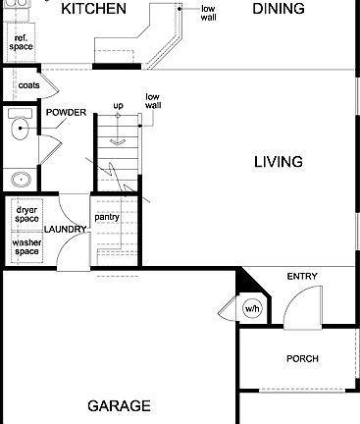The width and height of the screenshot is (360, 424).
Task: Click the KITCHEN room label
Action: [x=93, y=10]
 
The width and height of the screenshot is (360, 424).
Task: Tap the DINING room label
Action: [x=279, y=10]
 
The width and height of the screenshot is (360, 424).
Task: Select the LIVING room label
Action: [x=278, y=162]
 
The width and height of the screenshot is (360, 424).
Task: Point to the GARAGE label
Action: [x=119, y=405]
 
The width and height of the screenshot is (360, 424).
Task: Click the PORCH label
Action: [x=302, y=359]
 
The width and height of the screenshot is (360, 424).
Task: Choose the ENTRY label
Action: [x=302, y=277]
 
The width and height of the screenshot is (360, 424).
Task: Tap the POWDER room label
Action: [x=66, y=112]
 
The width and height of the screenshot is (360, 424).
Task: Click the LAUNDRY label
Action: [x=65, y=230]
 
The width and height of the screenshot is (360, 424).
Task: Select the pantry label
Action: [x=107, y=217]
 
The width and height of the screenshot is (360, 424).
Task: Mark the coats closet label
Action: [x=28, y=85]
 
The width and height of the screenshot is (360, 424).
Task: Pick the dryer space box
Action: [x=26, y=213]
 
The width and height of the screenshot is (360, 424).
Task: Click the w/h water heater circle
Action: [x=252, y=309]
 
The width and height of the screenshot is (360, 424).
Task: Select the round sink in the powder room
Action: [x=19, y=180]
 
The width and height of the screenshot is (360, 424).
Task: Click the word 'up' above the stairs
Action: [x=119, y=105]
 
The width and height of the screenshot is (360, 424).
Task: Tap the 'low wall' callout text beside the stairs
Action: [x=152, y=101]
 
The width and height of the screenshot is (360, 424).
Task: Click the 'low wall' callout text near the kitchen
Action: [x=208, y=13]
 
